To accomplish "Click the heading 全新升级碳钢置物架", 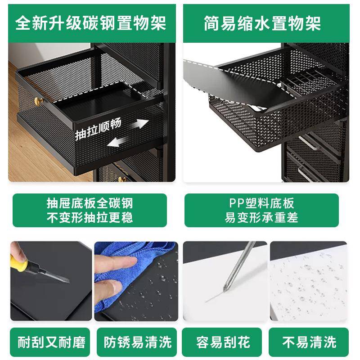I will (90, 22).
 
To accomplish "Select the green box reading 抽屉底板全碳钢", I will (90, 210).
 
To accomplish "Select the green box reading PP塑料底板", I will (261, 210).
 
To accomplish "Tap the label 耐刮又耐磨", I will (51, 342).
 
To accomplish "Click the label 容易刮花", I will (223, 342).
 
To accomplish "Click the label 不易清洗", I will (310, 342).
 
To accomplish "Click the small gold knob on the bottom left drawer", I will (120, 179).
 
